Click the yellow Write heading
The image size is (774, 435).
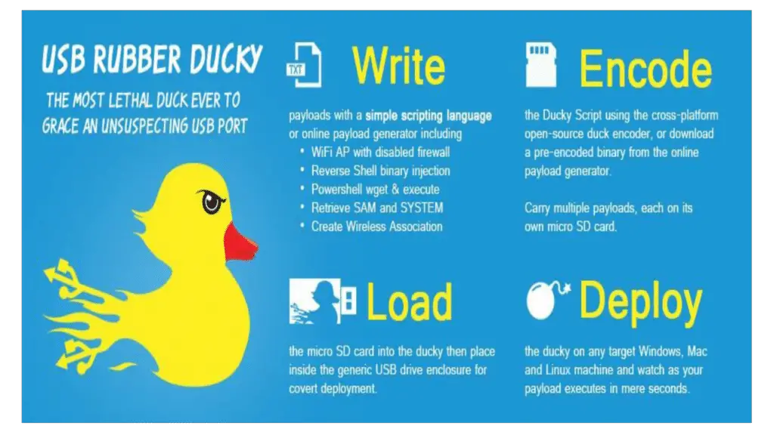point(398,66)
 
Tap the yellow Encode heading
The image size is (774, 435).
point(645,70)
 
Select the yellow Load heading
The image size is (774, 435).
point(409,302)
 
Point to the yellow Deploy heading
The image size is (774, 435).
point(641,302)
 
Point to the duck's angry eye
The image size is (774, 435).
point(211,202)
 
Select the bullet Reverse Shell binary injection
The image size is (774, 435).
point(380,171)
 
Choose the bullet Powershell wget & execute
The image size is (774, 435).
point(375,189)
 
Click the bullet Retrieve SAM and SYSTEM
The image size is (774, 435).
point(376,207)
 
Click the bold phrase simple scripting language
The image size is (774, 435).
point(428,116)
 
